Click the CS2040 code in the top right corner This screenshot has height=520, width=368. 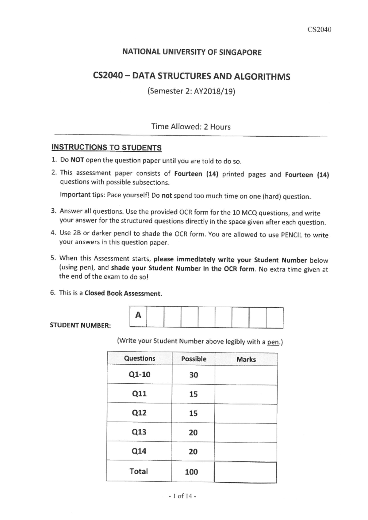click(320, 30)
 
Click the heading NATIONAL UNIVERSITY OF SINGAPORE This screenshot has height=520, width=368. click(192, 52)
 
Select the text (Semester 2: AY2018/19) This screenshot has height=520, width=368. click(191, 91)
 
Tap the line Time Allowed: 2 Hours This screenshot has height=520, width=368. click(191, 127)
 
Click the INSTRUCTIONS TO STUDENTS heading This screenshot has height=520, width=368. click(106, 147)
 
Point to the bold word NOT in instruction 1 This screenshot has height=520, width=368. click(77, 160)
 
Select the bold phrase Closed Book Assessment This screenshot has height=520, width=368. click(123, 293)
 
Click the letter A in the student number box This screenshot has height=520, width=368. click(138, 315)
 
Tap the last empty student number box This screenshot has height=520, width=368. click(274, 318)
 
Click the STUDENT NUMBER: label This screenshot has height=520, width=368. click(80, 325)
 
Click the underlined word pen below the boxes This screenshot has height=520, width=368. click(273, 342)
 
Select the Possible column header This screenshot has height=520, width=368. click(194, 359)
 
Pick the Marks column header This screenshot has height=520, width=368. click(246, 359)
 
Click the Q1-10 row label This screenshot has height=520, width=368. click(140, 374)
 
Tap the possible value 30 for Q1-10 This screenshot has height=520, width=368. click(194, 375)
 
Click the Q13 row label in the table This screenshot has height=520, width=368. click(139, 432)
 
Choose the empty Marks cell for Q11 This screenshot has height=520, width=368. click(246, 394)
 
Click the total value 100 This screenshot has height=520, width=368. click(191, 472)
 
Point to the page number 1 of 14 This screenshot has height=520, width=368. click(182, 496)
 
